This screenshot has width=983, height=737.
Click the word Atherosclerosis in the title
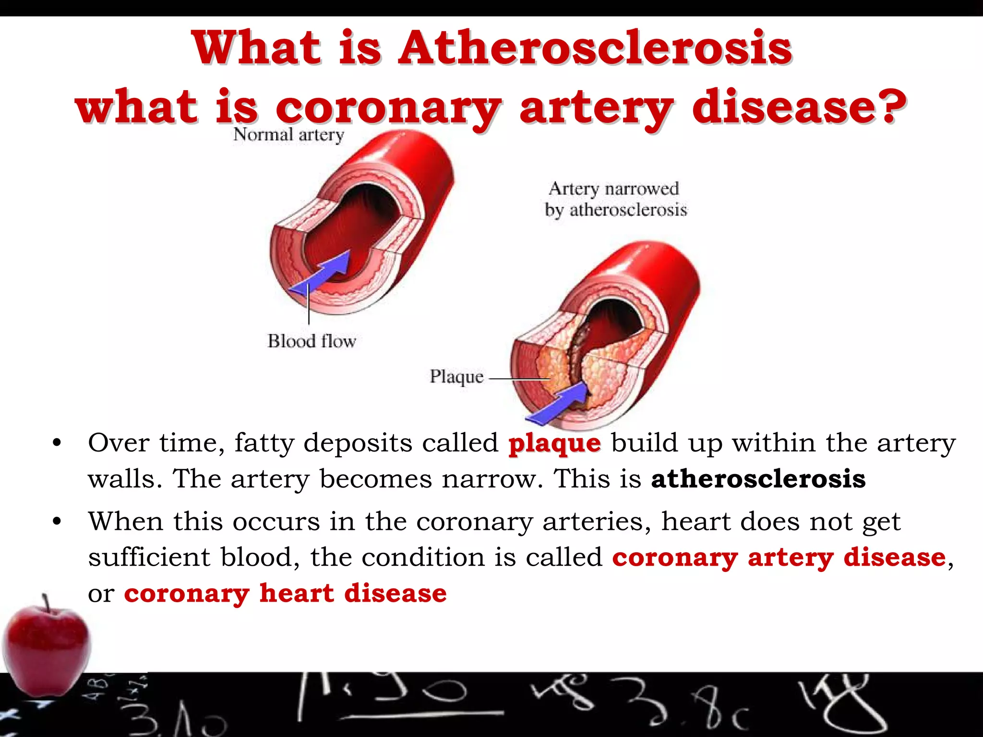[595, 48]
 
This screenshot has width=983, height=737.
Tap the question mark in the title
[892, 107]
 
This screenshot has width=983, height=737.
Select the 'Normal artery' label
[288, 135]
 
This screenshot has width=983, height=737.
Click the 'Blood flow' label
[312, 341]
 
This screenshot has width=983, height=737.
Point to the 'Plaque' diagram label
[456, 377]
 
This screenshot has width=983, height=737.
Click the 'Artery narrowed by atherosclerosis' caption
[615, 199]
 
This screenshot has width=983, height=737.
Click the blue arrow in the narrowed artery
[559, 403]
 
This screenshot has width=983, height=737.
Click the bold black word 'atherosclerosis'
[758, 479]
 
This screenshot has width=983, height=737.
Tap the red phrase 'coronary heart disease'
[285, 593]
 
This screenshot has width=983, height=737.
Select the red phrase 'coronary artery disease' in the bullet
[779, 558]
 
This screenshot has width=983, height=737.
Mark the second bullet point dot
[57, 522]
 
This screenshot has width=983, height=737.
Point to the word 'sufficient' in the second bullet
[149, 558]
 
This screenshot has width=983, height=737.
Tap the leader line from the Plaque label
[518, 379]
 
